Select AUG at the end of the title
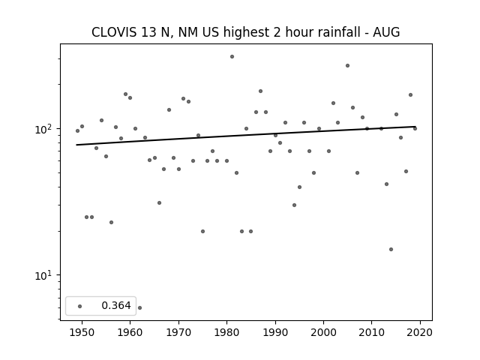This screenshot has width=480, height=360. pos(386,32)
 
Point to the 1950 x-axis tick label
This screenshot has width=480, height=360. pos(82,332)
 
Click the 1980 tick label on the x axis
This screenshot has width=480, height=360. pos(226,332)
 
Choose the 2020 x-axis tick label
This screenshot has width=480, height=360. pos(420,332)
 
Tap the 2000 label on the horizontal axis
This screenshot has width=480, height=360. pos(323,332)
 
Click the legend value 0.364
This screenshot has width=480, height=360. pos(116,305)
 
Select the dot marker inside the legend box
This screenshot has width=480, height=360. pos(80,306)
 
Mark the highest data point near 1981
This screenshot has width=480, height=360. pos(232,57)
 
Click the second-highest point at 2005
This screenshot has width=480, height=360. pos(347,65)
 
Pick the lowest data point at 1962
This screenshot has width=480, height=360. pos(139,307)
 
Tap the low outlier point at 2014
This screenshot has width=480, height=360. pos(391,250)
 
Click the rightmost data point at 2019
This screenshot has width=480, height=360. pos(415,128)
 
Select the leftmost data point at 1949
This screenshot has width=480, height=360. pos(77,131)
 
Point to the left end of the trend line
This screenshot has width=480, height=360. pos(76,145)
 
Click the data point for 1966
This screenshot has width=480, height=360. pos(159,203)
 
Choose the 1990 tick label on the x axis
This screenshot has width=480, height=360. pos(275,332)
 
